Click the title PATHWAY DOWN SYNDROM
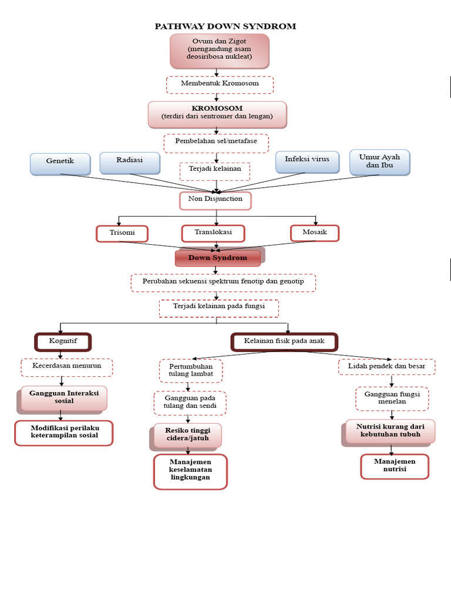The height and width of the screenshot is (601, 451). click(x=225, y=26)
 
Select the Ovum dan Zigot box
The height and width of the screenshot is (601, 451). click(x=220, y=50)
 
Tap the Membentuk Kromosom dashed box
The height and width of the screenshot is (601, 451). click(x=220, y=84)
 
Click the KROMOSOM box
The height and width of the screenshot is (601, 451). click(x=217, y=113)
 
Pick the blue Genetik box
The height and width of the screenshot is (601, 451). click(x=60, y=163)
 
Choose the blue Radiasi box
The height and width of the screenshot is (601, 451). click(x=129, y=162)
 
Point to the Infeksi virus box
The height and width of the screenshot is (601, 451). click(x=307, y=161)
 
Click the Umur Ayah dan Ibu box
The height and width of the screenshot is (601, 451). click(x=379, y=161)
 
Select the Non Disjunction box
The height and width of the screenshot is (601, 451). click(x=215, y=200)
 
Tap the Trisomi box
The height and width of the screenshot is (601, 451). click(x=122, y=233)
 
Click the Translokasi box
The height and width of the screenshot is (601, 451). click(x=213, y=232)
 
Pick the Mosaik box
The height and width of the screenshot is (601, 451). click(x=315, y=233)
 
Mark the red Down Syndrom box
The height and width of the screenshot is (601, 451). click(x=218, y=258)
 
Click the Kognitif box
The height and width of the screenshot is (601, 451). click(x=63, y=341)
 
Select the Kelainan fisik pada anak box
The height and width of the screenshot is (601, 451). click(x=284, y=341)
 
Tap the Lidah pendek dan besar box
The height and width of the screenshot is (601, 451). click(x=387, y=367)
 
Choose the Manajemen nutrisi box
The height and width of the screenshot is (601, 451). click(x=395, y=466)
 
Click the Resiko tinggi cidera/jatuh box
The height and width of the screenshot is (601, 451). click(x=188, y=435)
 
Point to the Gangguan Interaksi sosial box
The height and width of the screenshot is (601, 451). click(x=64, y=397)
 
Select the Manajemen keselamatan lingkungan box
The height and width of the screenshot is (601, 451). click(x=190, y=471)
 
